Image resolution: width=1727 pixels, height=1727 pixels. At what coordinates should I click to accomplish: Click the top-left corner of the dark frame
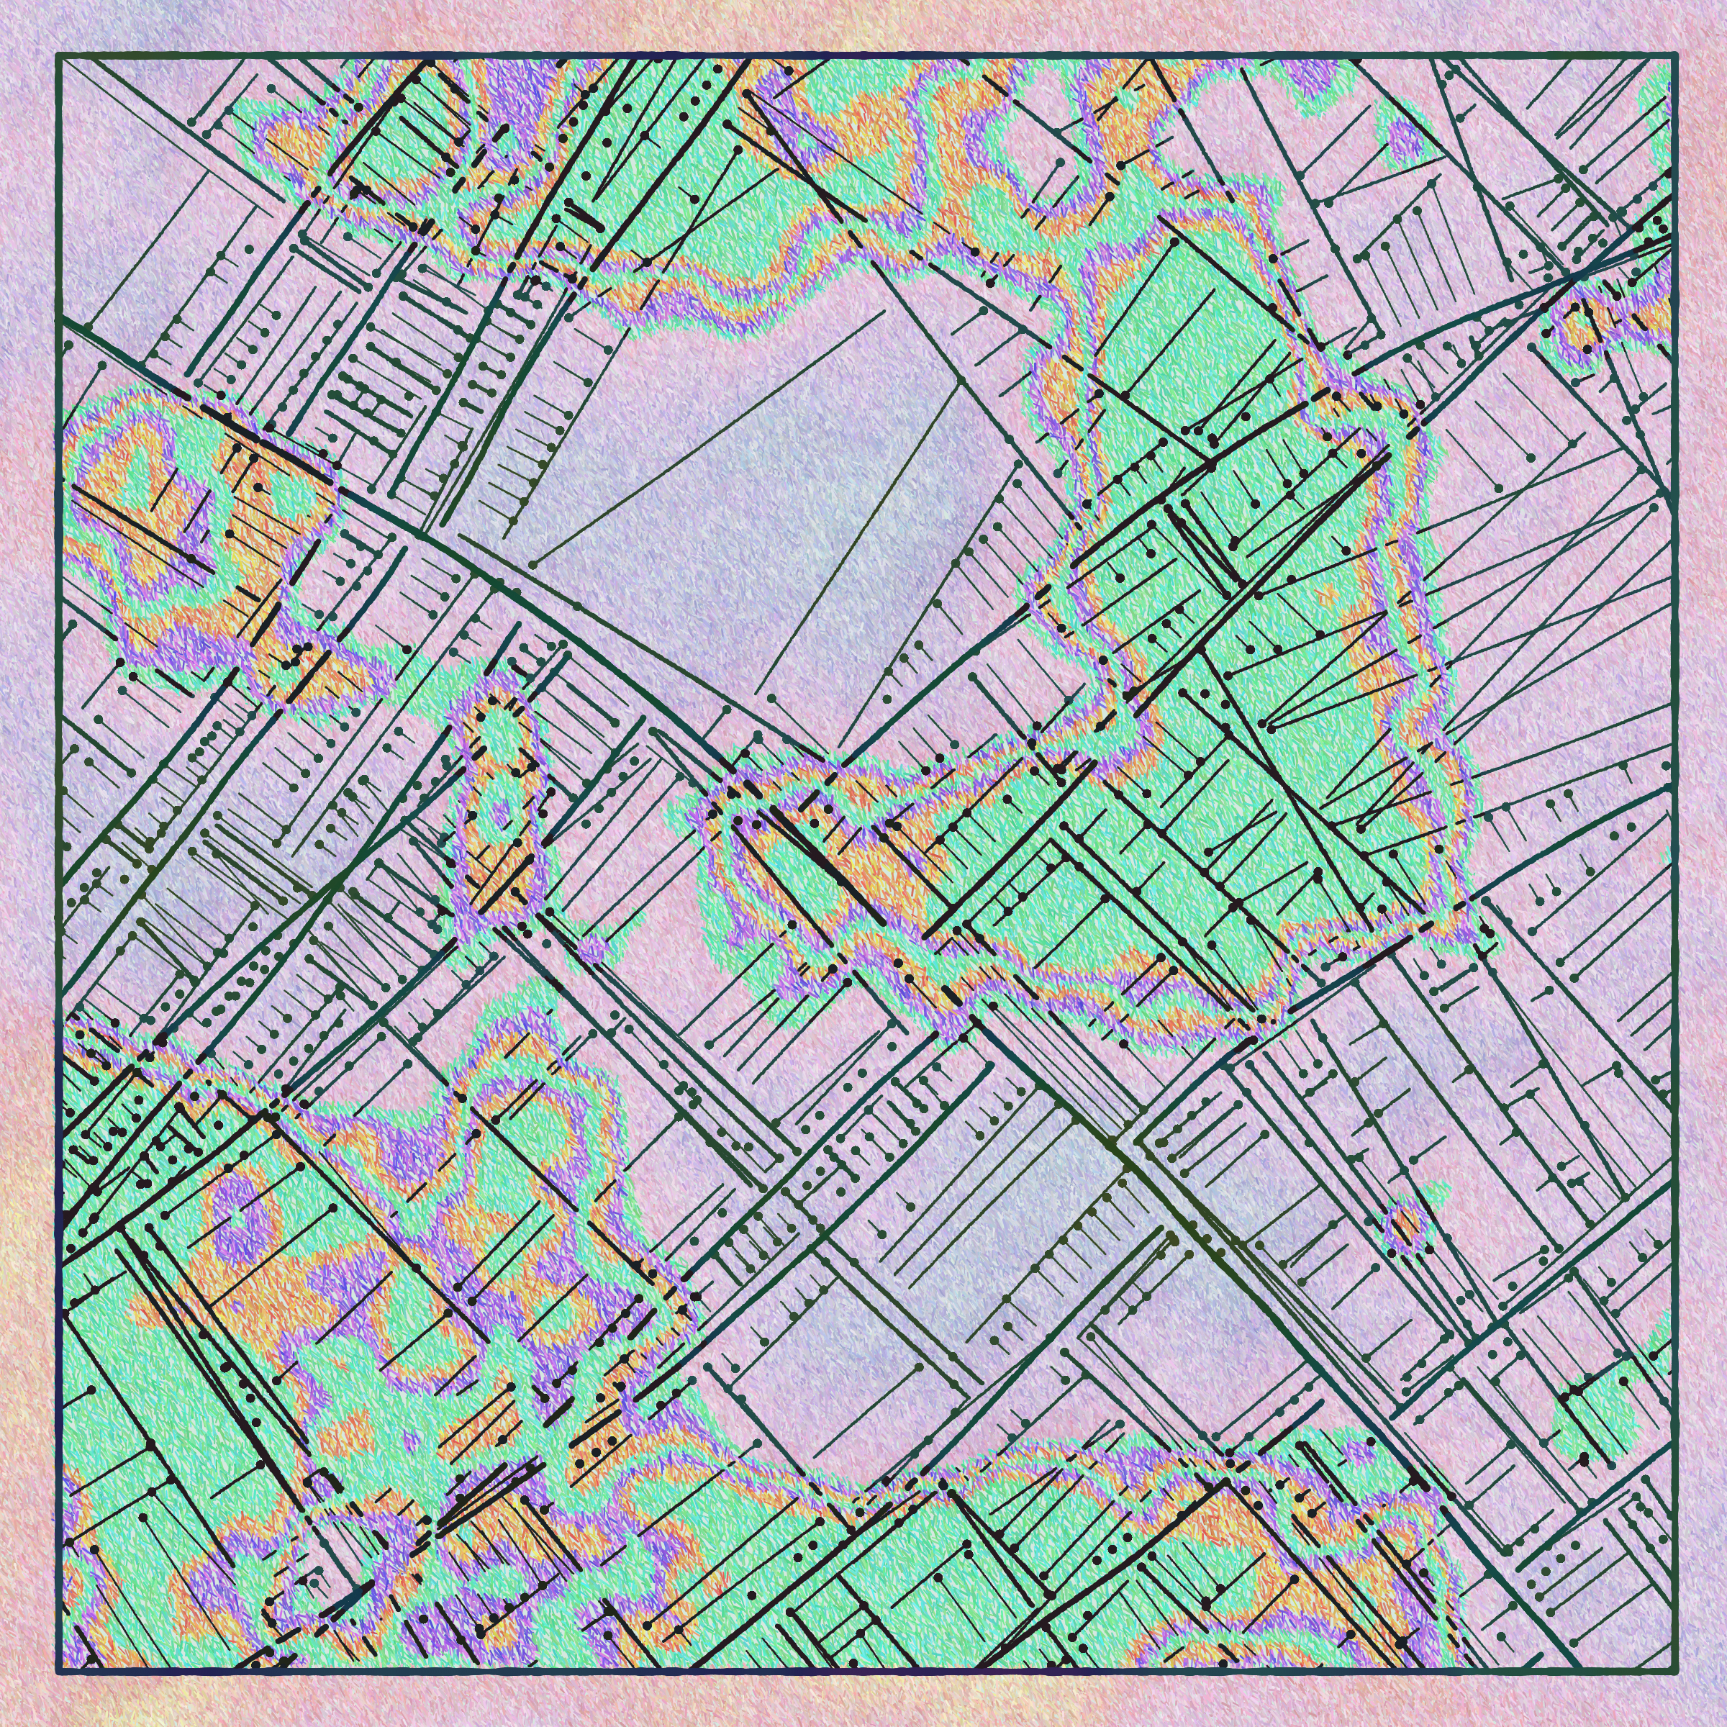(x=58, y=56)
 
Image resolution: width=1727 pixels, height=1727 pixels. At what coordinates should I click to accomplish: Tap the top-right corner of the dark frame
(x=1673, y=56)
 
